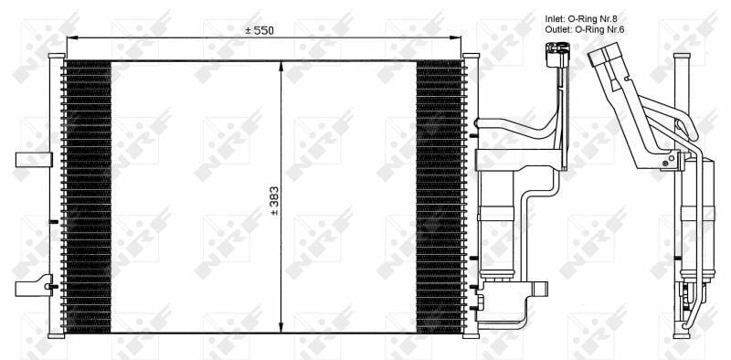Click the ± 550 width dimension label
click(x=260, y=30)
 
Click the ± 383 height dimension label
click(x=274, y=200)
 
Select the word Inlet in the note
click(x=555, y=19)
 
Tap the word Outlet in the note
click(x=558, y=29)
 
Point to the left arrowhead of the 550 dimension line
click(x=71, y=38)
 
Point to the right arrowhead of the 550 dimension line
click(x=457, y=38)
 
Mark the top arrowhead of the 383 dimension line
click(x=281, y=66)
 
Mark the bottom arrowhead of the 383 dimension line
click(x=281, y=328)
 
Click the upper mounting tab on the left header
click(x=34, y=160)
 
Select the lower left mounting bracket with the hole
click(x=34, y=286)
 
